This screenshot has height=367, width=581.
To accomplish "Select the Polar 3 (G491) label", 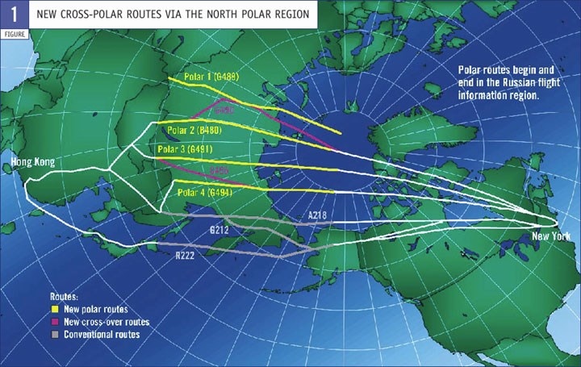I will [185, 148].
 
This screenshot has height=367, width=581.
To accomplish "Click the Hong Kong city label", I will [32, 163].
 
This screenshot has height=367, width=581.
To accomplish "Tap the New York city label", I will [551, 236].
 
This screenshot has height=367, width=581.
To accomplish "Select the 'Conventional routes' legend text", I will [102, 334].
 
